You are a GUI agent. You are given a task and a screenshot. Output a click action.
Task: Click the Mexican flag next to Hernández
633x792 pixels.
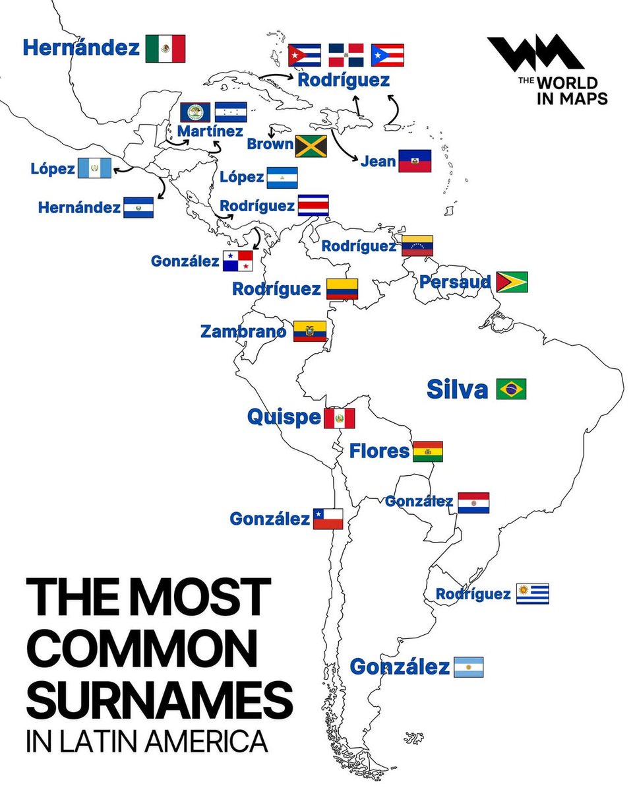pos(165,48)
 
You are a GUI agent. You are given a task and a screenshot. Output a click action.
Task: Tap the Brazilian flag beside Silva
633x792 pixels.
pos(511,389)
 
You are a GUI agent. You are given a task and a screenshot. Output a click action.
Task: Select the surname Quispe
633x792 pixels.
pos(284,417)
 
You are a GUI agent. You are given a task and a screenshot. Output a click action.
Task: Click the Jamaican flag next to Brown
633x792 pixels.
pos(311,146)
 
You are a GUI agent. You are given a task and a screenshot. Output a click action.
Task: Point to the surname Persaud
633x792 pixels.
pos(455,282)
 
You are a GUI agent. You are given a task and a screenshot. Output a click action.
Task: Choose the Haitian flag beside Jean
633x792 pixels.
pos(415,160)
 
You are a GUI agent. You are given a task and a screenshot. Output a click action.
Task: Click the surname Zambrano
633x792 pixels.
pos(243,331)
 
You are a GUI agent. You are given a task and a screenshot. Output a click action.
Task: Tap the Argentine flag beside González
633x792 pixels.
pos(468,667)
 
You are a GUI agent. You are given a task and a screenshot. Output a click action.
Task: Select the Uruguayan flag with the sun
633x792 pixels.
pos(532,594)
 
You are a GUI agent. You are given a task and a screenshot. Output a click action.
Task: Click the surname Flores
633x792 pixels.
pos(379,451)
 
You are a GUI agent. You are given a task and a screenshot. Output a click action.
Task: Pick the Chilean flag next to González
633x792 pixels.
pos(328,519)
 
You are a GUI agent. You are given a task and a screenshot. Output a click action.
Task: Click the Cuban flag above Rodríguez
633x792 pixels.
pos(305,55)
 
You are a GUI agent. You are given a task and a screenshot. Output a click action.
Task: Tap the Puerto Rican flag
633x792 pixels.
pos(387,55)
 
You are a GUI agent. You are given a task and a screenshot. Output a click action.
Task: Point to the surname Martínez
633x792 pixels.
pos(210,131)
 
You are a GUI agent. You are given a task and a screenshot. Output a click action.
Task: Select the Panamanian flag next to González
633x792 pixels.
pos(237,261)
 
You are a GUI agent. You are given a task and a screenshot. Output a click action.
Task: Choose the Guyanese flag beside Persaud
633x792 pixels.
pos(511,282)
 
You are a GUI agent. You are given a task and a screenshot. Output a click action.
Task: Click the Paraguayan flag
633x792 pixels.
pos(473,502)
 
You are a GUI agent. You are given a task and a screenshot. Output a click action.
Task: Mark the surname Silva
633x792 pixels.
pos(457,389)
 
